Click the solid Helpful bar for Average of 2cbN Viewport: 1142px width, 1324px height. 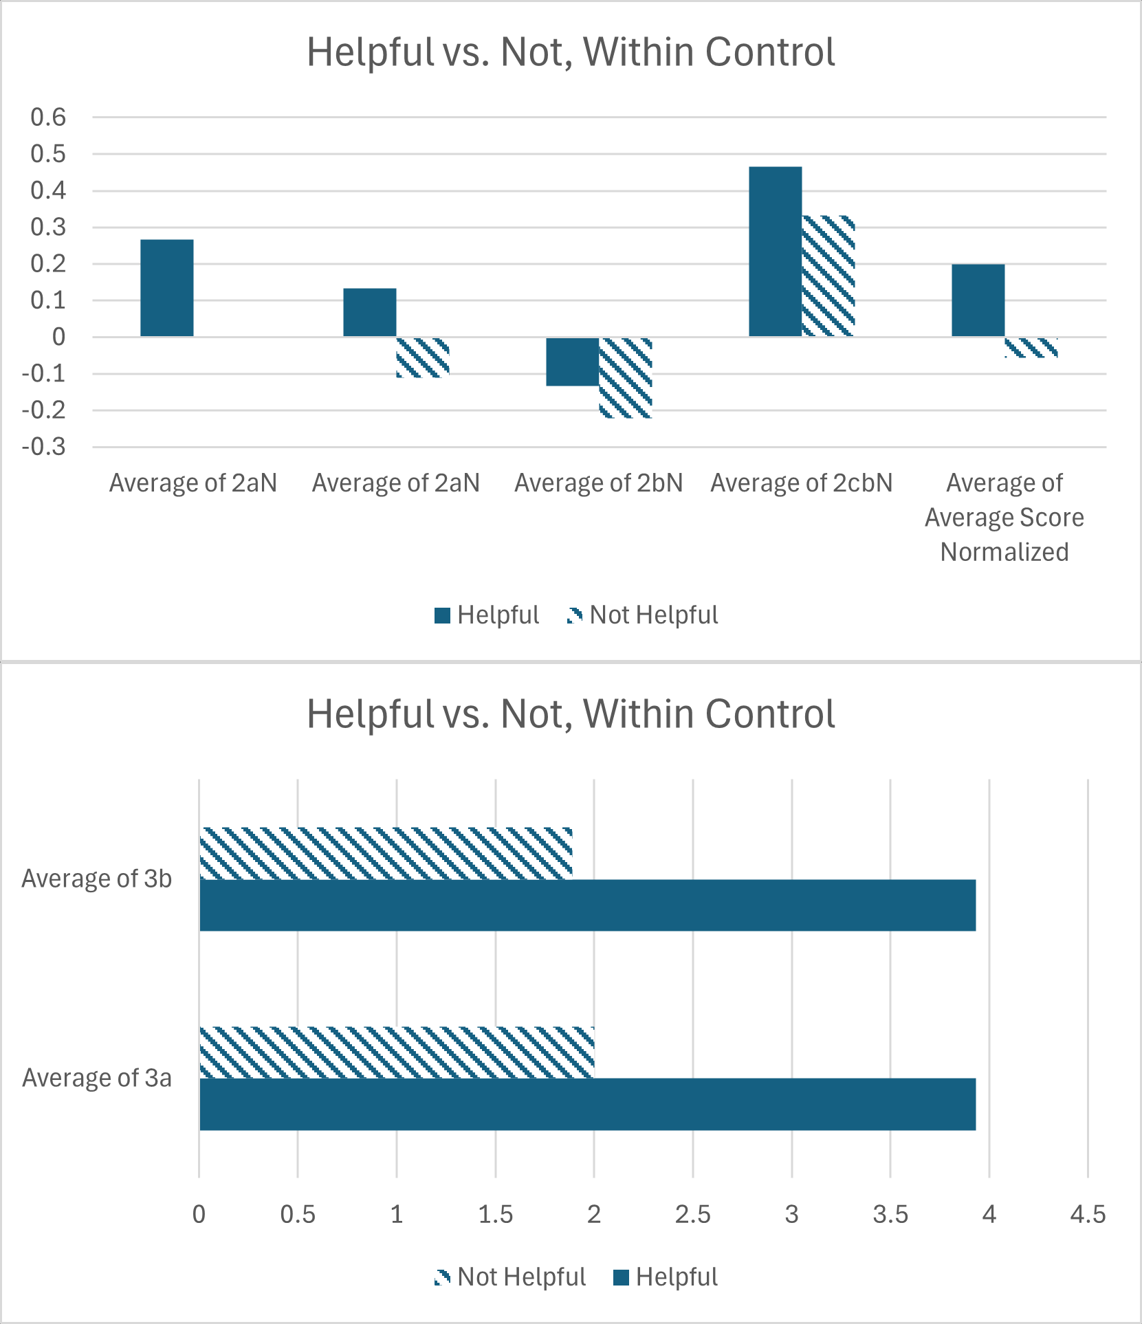point(775,252)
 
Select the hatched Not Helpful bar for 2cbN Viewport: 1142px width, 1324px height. point(828,276)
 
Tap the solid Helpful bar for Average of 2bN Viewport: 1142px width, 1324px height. point(572,362)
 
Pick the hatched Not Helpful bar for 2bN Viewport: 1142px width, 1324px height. point(626,377)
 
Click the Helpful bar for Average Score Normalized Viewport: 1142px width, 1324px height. point(978,300)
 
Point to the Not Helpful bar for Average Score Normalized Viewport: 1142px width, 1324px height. point(1031,347)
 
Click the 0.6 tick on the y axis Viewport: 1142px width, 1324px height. point(48,118)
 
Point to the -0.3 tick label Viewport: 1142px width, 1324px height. point(44,448)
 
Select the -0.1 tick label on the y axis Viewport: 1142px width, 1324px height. point(44,374)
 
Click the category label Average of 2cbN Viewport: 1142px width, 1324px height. point(802,483)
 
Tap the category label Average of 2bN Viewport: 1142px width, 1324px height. point(599,483)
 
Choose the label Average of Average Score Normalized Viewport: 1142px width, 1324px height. point(1004,518)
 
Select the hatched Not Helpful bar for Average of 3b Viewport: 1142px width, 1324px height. point(386,853)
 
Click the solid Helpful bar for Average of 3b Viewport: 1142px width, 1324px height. point(587,905)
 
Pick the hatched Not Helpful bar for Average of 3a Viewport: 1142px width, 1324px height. point(397,1052)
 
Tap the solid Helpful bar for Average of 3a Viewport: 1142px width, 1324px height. point(587,1104)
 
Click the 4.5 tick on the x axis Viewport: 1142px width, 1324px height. point(1088,1215)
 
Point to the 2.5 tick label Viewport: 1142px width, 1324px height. point(692,1215)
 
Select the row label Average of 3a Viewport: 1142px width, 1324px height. point(97,1078)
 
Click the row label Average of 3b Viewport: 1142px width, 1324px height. point(97,879)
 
